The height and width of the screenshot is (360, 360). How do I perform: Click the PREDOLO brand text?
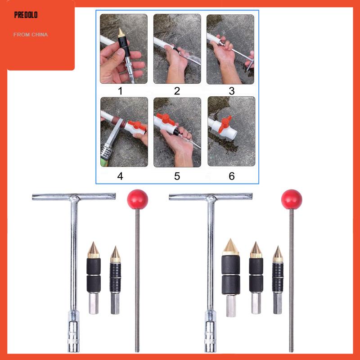tap(26, 15)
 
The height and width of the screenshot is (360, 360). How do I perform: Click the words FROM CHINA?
tap(30, 35)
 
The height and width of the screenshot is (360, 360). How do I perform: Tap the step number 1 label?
tap(120, 91)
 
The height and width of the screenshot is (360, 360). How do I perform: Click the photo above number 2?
tap(177, 49)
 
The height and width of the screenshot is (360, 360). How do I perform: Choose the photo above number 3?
tap(230, 49)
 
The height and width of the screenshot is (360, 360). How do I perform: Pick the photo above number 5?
tap(177, 132)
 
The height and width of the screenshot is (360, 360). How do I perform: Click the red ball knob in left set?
tap(138, 198)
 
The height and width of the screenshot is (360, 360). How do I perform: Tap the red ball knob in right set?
tap(292, 198)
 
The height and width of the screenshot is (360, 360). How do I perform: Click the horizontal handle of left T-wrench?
tap(74, 197)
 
